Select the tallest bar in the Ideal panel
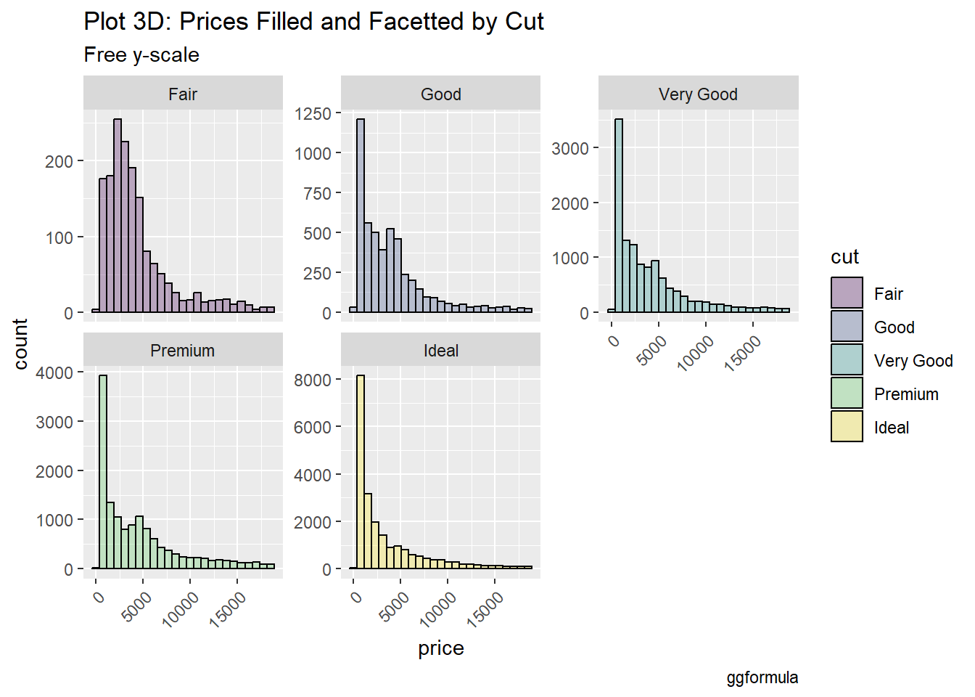pyautogui.click(x=361, y=472)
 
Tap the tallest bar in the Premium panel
pyautogui.click(x=103, y=472)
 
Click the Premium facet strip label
pyautogui.click(x=183, y=351)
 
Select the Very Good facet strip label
pyautogui.click(x=698, y=94)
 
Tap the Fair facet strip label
pyautogui.click(x=183, y=94)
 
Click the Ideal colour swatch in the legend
pyautogui.click(x=847, y=427)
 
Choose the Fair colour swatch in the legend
pyautogui.click(x=847, y=293)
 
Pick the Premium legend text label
pyautogui.click(x=906, y=394)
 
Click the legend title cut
pyautogui.click(x=844, y=257)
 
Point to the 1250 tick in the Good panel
pyautogui.click(x=313, y=114)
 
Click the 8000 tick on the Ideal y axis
pyautogui.click(x=313, y=380)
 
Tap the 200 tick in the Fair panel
pyautogui.click(x=59, y=161)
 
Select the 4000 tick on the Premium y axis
pyautogui.click(x=54, y=373)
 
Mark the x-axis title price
pyautogui.click(x=441, y=648)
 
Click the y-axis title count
pyautogui.click(x=20, y=343)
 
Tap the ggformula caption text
pyautogui.click(x=762, y=678)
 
